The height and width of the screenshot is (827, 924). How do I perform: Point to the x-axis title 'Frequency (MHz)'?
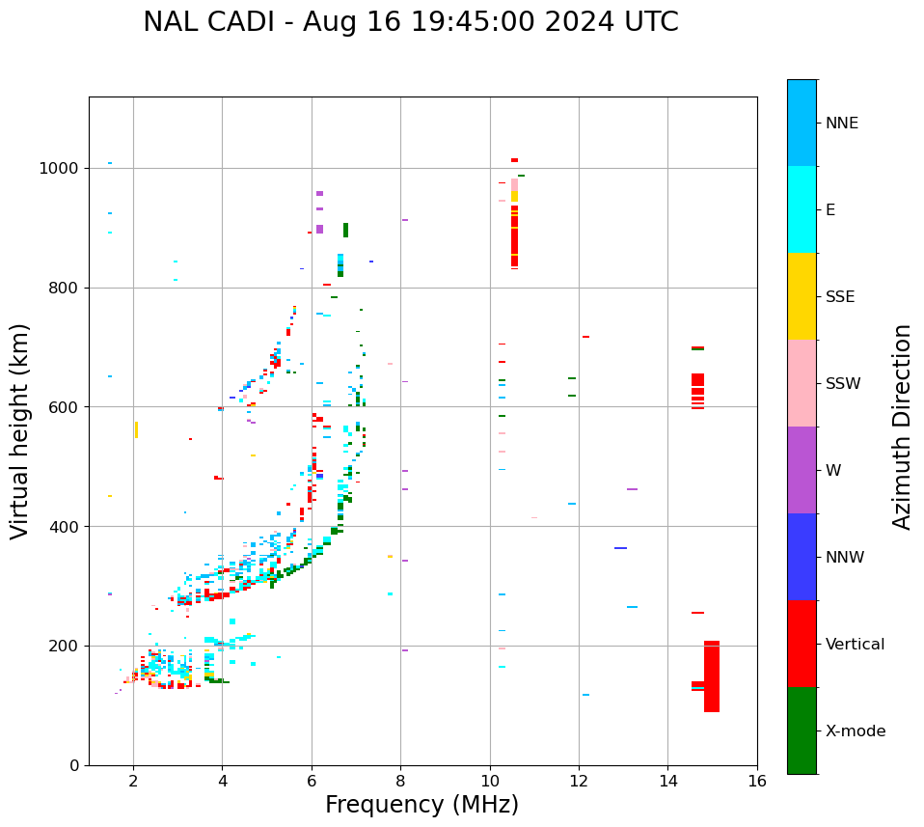[x=421, y=805]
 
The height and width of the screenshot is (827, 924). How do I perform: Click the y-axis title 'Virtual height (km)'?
[x=21, y=431]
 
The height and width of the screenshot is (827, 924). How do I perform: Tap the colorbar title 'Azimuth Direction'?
[x=902, y=427]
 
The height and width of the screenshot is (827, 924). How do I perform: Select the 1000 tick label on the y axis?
[x=60, y=169]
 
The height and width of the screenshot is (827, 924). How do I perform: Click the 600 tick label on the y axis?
[x=65, y=407]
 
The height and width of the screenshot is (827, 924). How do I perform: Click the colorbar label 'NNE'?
[x=841, y=124]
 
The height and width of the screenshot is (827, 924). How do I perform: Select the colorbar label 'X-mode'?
[x=855, y=731]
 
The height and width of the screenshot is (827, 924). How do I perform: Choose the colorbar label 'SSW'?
[x=843, y=384]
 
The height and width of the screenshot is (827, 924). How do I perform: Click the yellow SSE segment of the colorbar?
[x=802, y=296]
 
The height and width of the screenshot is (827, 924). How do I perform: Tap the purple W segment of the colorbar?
[x=802, y=470]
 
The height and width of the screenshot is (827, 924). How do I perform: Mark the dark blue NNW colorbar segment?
[x=802, y=557]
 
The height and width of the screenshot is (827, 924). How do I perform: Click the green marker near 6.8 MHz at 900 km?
[x=345, y=230]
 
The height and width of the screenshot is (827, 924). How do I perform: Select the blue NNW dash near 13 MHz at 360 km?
[x=620, y=548]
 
